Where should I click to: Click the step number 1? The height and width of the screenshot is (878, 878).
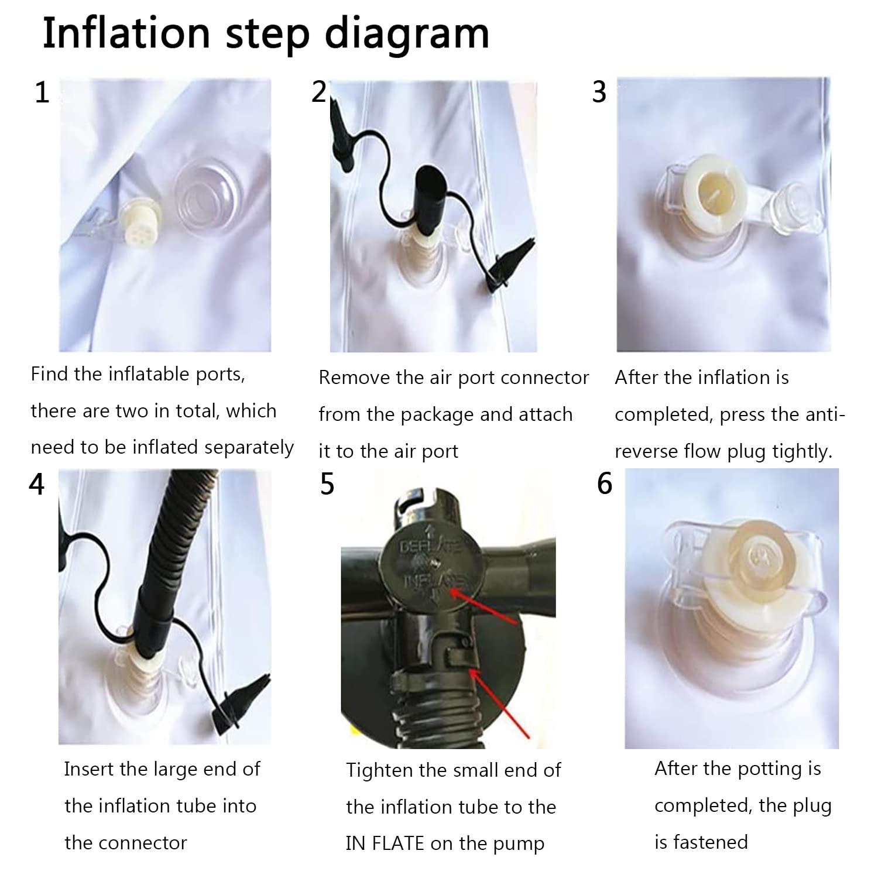pyautogui.click(x=42, y=93)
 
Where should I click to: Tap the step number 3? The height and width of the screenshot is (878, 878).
pyautogui.click(x=599, y=92)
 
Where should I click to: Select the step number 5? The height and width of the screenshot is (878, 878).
pyautogui.click(x=327, y=485)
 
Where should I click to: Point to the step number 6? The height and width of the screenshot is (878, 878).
pyautogui.click(x=604, y=484)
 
